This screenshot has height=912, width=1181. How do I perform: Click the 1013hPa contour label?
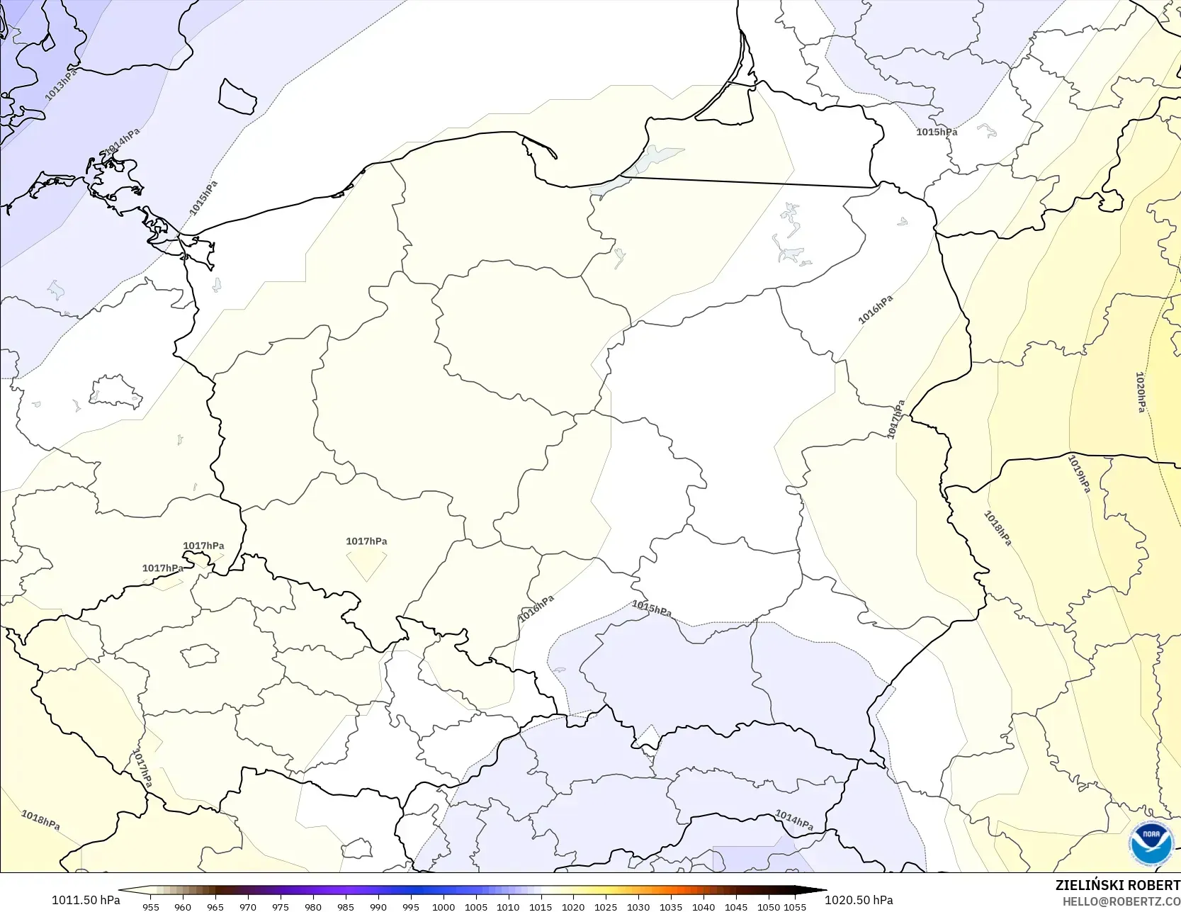(x=60, y=85)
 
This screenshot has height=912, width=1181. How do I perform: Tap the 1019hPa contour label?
(x=1078, y=473)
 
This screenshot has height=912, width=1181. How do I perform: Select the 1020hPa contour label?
(x=1140, y=392)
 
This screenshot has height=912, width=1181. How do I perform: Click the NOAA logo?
(x=1151, y=843)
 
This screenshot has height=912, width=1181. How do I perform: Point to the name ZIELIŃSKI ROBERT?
(x=1117, y=885)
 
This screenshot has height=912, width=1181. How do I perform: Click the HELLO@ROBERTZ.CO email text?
(x=1121, y=901)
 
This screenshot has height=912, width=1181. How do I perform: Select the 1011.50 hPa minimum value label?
(x=86, y=900)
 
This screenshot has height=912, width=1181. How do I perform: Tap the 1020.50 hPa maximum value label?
(x=859, y=900)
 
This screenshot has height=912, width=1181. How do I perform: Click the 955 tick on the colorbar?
(x=150, y=906)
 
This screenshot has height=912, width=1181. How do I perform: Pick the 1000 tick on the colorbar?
(x=443, y=906)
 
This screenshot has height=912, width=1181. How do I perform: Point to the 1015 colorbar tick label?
(x=541, y=906)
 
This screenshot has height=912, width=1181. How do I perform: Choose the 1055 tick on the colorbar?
(x=795, y=906)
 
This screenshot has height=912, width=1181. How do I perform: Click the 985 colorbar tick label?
(x=346, y=906)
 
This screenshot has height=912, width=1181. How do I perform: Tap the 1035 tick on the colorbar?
(x=671, y=906)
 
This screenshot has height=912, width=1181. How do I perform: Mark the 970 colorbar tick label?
(x=248, y=906)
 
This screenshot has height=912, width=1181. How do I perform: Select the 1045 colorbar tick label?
(x=736, y=906)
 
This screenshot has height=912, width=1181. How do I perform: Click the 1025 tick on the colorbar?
(x=606, y=906)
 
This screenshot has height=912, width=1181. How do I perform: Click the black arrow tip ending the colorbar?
(x=822, y=890)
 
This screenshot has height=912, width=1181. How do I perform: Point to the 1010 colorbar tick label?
(x=508, y=906)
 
